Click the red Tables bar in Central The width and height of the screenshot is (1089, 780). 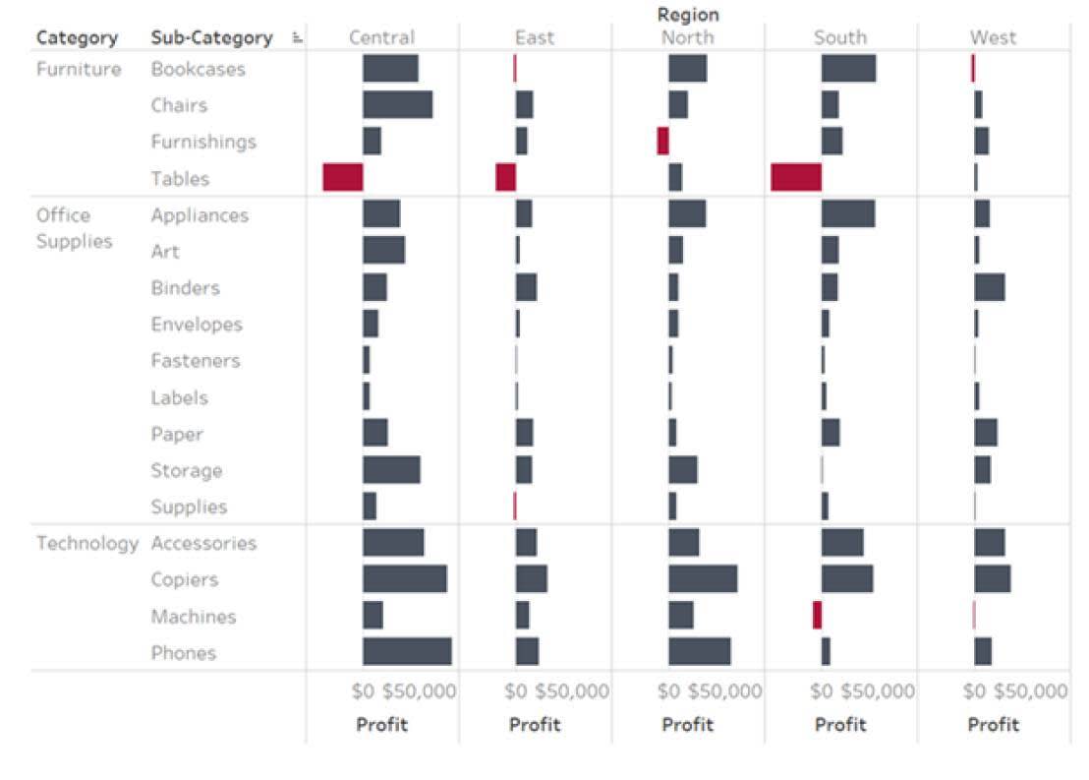pyautogui.click(x=342, y=178)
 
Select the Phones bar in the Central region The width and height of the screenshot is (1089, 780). pyautogui.click(x=407, y=652)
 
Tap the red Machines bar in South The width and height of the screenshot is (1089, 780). pyautogui.click(x=817, y=616)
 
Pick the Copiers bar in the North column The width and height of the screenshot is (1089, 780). pyautogui.click(x=703, y=579)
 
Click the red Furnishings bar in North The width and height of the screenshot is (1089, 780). pyautogui.click(x=662, y=141)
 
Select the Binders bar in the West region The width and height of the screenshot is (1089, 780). pyautogui.click(x=989, y=287)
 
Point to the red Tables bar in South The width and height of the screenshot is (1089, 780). pyautogui.click(x=795, y=178)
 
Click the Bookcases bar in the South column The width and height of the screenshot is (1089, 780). pyautogui.click(x=848, y=69)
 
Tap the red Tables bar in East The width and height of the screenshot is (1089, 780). pyautogui.click(x=505, y=178)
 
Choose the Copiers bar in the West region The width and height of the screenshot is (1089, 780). pyautogui.click(x=992, y=579)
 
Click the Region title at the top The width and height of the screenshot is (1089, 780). pyautogui.click(x=687, y=15)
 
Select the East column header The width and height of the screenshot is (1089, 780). pyautogui.click(x=535, y=38)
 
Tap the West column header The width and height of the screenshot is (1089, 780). pyautogui.click(x=993, y=38)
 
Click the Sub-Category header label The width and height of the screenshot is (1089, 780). pyautogui.click(x=211, y=38)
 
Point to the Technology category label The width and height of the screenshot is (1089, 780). pyautogui.click(x=86, y=543)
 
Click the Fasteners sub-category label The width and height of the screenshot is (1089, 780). pyautogui.click(x=195, y=361)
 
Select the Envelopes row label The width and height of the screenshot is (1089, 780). pyautogui.click(x=196, y=325)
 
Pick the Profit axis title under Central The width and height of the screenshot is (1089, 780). pyautogui.click(x=381, y=725)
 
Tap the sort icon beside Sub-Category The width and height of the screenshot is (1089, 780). pyautogui.click(x=297, y=38)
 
